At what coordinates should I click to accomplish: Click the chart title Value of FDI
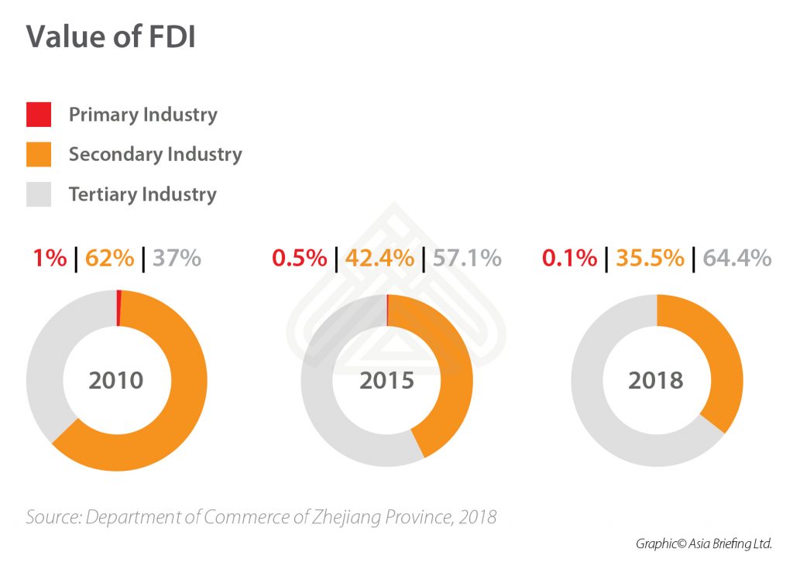point(111,37)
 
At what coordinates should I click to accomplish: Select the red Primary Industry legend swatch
point(39,115)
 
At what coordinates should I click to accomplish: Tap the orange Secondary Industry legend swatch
point(39,154)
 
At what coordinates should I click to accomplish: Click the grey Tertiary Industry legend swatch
point(39,194)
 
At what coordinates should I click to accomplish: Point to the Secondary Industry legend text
point(155,154)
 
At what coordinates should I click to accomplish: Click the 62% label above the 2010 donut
point(109,257)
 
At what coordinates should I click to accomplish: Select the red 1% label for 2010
point(50,257)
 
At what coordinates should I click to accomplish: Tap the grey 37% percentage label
point(177,257)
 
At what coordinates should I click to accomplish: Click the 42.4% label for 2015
point(378,257)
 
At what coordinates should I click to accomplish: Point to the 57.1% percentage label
point(466,257)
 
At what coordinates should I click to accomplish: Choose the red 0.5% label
point(300,257)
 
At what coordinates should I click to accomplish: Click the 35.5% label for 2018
point(650,257)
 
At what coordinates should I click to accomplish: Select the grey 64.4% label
point(736,257)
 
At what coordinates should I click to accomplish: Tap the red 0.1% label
point(569,257)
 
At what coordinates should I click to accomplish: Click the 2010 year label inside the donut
point(116,381)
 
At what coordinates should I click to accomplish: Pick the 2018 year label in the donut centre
point(656,381)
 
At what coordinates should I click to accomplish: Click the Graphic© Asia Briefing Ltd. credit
point(704,543)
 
